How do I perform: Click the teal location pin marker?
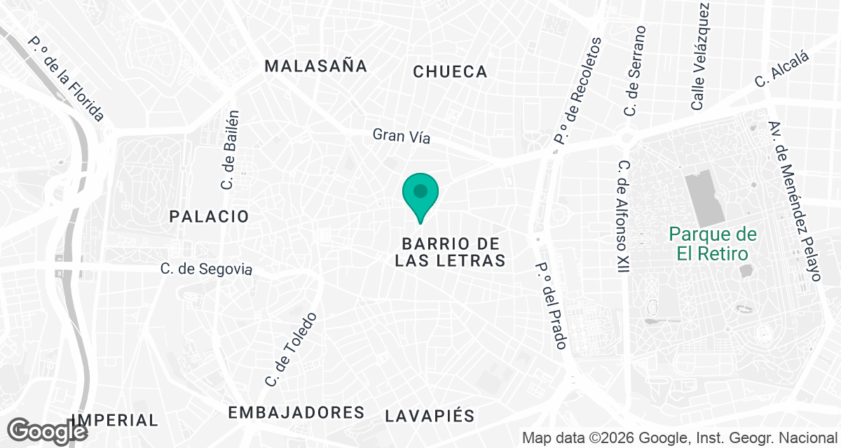420,193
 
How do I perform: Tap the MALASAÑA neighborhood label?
315,66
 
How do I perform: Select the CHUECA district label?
450,71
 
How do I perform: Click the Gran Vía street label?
401,136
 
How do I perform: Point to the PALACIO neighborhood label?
209,217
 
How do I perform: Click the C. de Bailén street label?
230,150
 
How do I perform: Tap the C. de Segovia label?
205,269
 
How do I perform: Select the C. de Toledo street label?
291,350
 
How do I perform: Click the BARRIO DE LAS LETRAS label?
450,252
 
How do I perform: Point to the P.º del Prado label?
551,306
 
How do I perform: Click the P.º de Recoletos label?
578,91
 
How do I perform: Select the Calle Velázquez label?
701,56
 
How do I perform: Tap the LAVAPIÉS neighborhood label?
430,415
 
